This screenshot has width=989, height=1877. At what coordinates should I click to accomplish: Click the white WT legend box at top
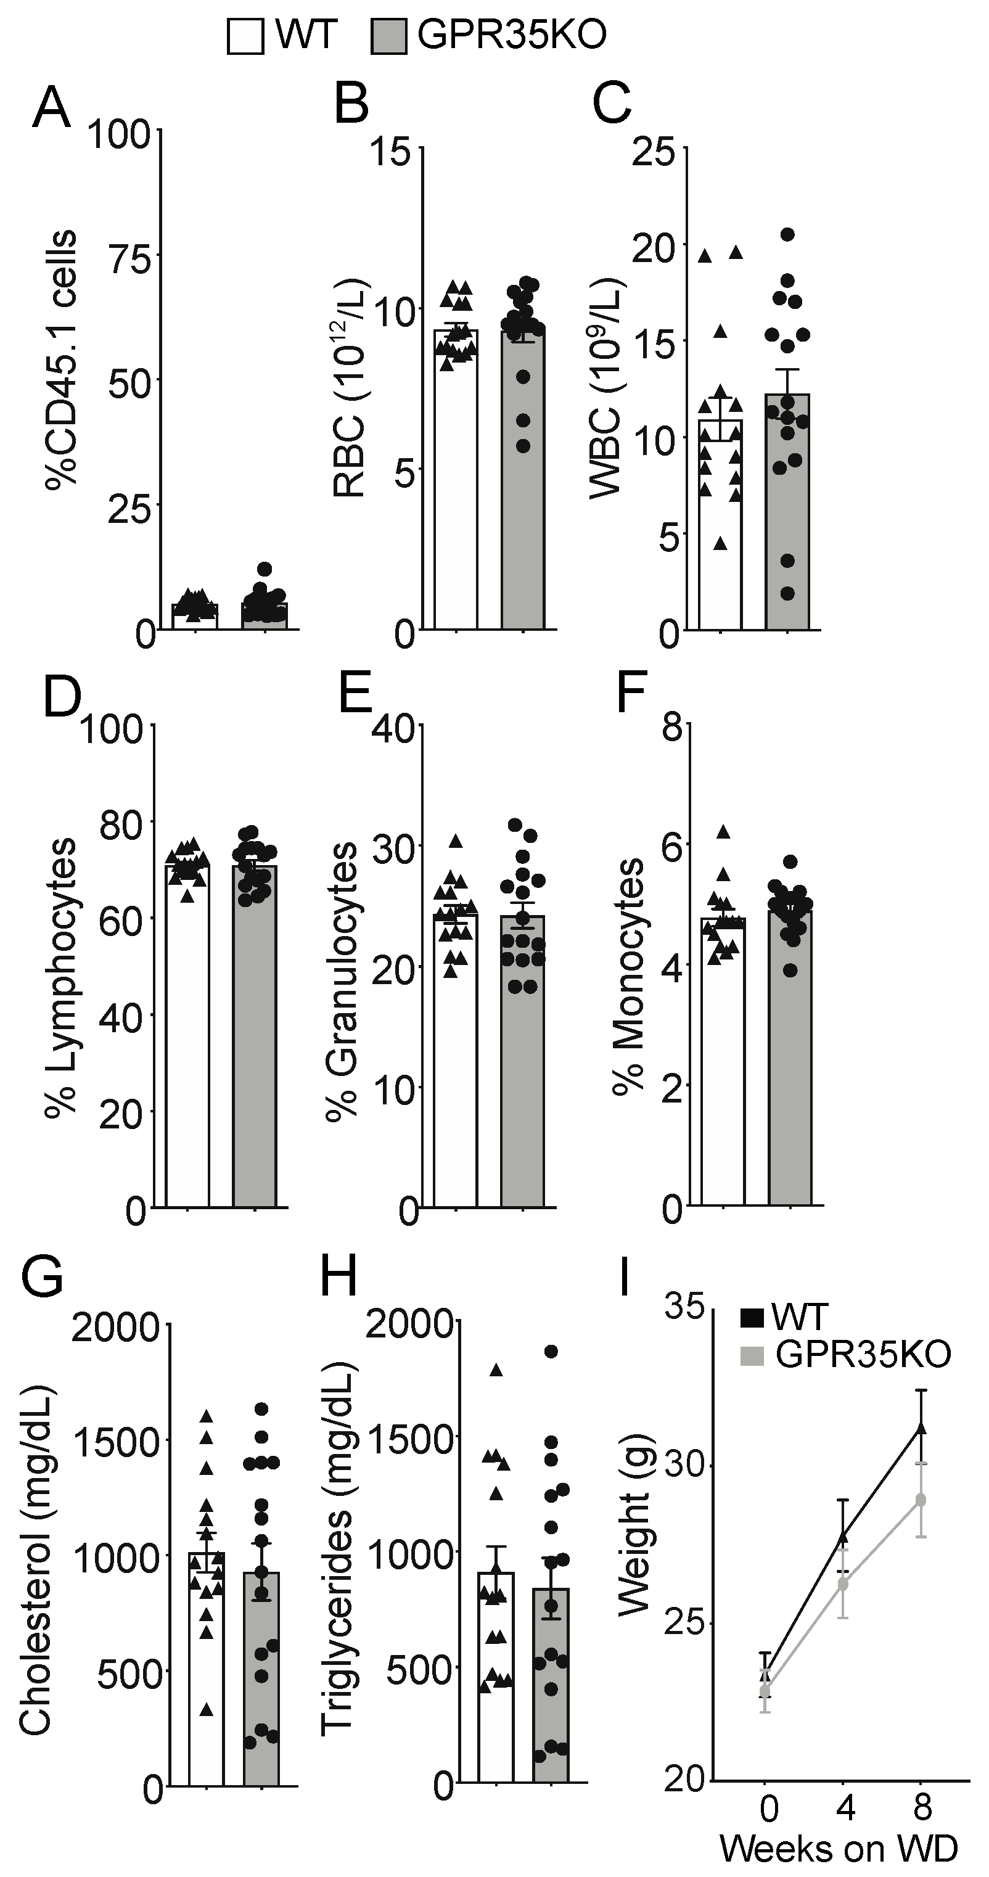click(245, 36)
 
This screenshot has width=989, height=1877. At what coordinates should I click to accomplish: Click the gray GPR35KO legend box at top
click(388, 36)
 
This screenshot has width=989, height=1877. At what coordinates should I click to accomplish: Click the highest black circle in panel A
click(264, 569)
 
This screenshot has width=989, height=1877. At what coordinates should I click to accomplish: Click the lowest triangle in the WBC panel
click(720, 542)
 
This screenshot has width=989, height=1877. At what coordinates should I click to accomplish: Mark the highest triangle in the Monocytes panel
click(723, 831)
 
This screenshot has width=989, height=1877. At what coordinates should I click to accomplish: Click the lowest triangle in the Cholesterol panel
click(207, 1709)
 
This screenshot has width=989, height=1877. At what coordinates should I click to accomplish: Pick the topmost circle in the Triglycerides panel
click(551, 1352)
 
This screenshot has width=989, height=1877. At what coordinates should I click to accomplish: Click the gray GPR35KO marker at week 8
click(921, 1500)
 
